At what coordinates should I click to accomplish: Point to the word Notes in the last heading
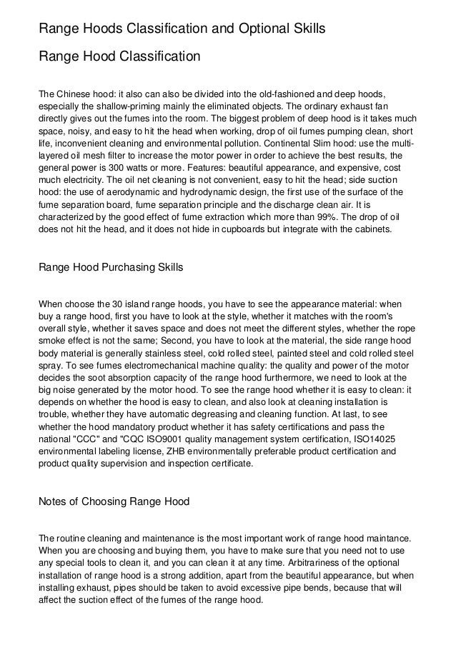point(52,501)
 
